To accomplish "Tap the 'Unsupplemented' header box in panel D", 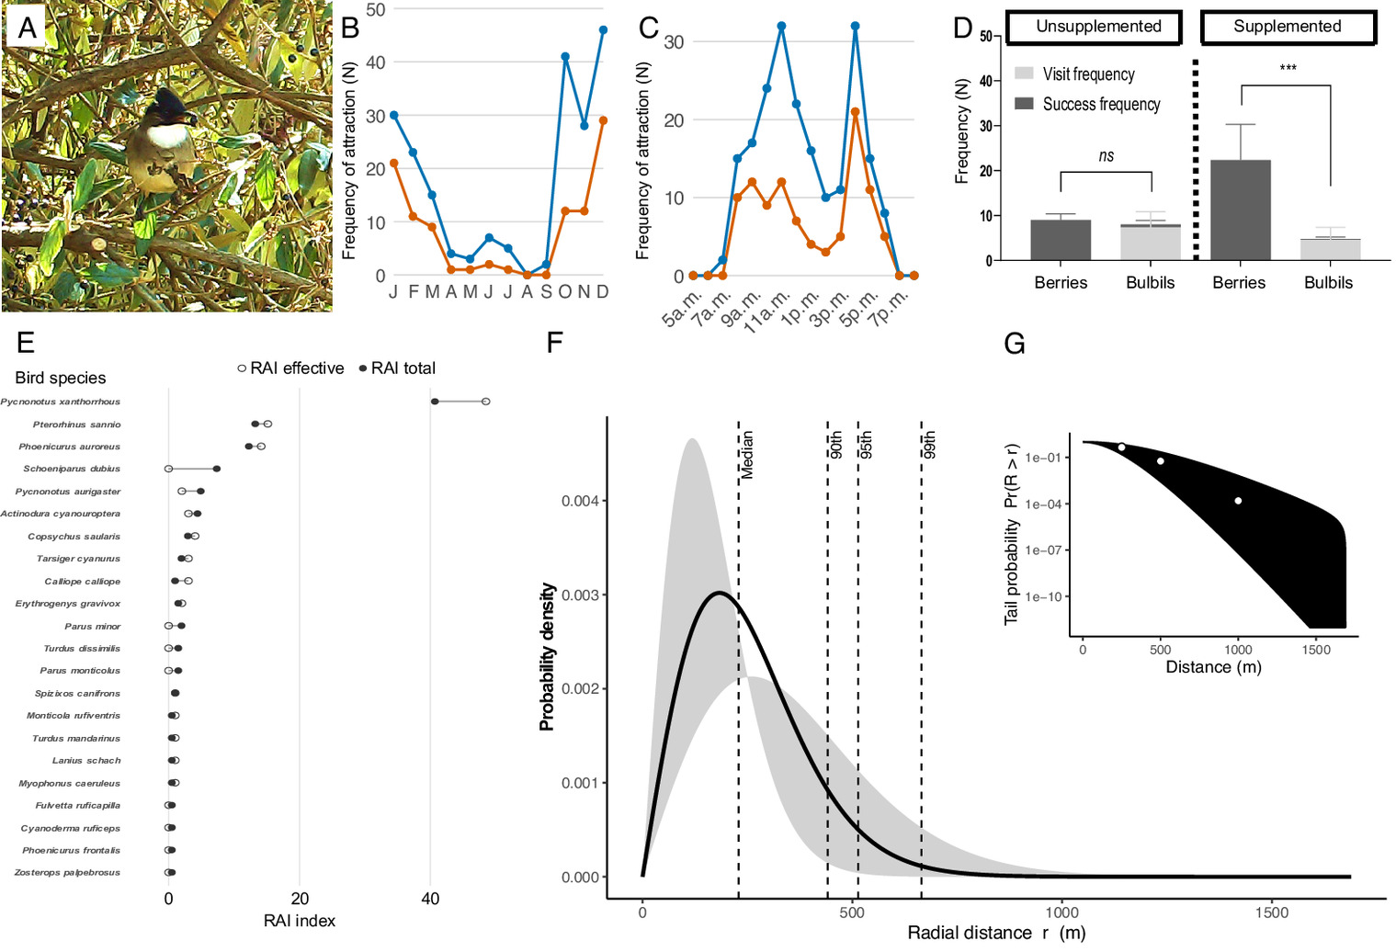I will (1098, 27).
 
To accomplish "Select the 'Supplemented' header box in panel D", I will (1288, 27).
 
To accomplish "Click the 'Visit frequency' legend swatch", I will (1024, 74).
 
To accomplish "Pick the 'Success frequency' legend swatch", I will (1024, 104).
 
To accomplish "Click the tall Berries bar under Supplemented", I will (1241, 210).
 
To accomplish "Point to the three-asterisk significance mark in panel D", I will (1288, 69).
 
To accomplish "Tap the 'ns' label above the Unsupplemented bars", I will (1107, 156).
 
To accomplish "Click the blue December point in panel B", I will (603, 30).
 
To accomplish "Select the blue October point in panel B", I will (565, 57).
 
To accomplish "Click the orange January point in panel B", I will (394, 164).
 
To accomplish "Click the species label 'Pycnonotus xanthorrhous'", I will (61, 402).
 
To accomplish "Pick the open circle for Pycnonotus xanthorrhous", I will (486, 402).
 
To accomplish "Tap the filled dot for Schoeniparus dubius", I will (217, 469).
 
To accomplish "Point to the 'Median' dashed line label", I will (747, 455).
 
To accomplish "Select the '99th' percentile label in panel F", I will (929, 445).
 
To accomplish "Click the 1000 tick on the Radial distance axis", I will (1062, 912).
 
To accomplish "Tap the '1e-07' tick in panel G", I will (1044, 550).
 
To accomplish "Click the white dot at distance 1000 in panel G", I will (1239, 501).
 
